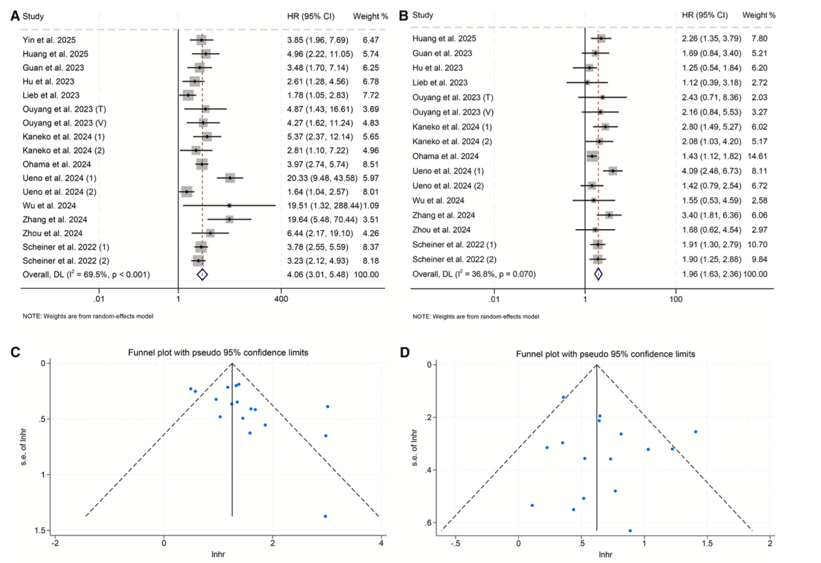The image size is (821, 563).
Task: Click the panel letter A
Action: [x=15, y=15]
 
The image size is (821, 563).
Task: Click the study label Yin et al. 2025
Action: [x=49, y=40]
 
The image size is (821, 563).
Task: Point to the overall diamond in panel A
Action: [x=202, y=274]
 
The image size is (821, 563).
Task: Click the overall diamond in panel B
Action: [x=598, y=274]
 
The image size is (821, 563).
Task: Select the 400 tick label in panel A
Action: [x=281, y=299]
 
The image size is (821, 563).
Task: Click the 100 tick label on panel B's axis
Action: [x=676, y=299]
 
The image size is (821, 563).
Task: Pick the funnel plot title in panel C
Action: [x=218, y=352]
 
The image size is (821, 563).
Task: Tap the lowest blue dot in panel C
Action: [x=325, y=516]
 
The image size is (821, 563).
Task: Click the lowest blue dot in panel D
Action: [x=630, y=530]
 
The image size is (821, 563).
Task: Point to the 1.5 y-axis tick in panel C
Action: [x=40, y=530]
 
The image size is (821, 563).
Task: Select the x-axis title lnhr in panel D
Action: [x=605, y=554]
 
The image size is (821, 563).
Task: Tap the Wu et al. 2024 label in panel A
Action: [x=49, y=205]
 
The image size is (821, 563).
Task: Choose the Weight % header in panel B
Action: [x=759, y=15]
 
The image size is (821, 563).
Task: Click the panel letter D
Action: [x=405, y=352]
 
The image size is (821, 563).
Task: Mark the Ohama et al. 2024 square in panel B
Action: [x=592, y=156]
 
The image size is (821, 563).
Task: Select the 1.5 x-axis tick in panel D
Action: [x=707, y=543]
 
